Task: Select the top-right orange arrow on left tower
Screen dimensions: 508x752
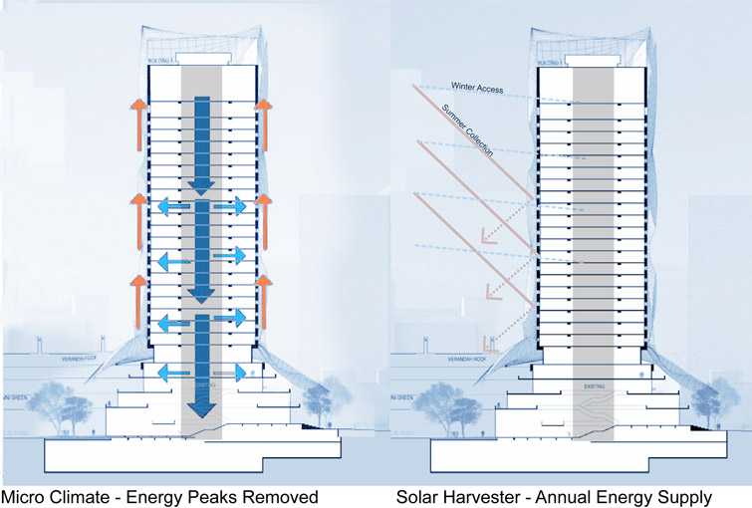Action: pyautogui.click(x=264, y=116)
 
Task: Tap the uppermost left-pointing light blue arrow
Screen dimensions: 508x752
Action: pyautogui.click(x=169, y=207)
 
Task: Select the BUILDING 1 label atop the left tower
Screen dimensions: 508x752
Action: pyautogui.click(x=160, y=61)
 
